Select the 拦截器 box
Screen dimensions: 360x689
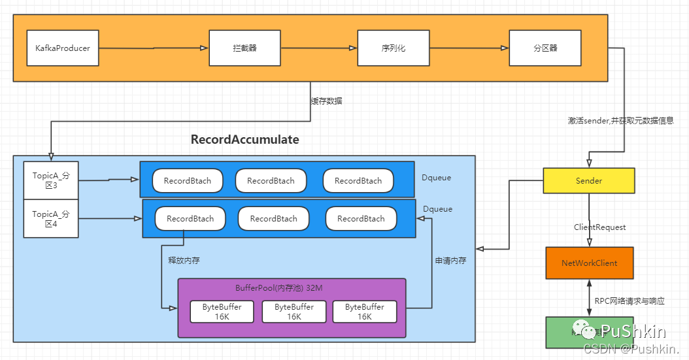(244, 48)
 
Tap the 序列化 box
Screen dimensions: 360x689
(393, 48)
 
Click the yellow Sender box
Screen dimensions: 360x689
(588, 181)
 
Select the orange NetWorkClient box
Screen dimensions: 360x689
(590, 263)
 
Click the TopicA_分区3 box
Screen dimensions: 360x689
(50, 180)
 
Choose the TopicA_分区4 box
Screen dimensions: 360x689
(50, 219)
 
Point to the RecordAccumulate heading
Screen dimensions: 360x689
(244, 139)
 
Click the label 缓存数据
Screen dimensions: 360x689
(326, 101)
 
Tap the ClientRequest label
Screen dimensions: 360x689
(599, 227)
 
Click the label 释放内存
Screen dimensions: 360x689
(184, 260)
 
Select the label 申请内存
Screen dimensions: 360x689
(451, 260)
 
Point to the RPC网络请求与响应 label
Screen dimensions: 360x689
(630, 301)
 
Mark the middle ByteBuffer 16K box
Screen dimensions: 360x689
(294, 312)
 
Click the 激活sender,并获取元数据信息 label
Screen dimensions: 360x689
(620, 121)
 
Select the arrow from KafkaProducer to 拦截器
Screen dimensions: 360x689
(154, 48)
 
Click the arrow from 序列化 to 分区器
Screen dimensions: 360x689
(469, 48)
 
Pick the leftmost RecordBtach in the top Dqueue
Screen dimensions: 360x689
(188, 181)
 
